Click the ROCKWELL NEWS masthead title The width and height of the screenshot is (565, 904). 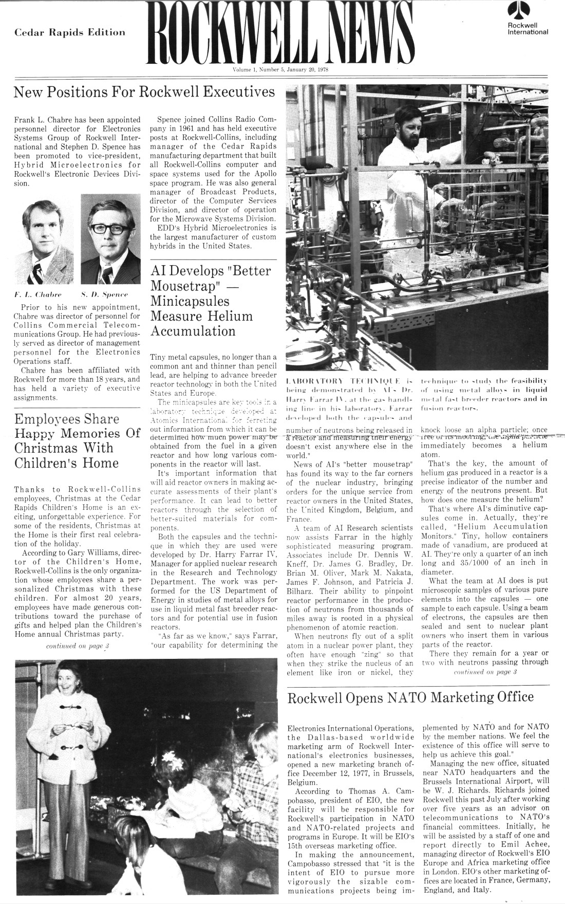click(x=281, y=34)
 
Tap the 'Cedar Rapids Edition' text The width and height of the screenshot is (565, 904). click(x=70, y=32)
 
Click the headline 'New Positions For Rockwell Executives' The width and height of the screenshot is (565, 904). click(x=144, y=93)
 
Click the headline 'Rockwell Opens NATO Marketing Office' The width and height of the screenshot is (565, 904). click(x=410, y=697)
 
